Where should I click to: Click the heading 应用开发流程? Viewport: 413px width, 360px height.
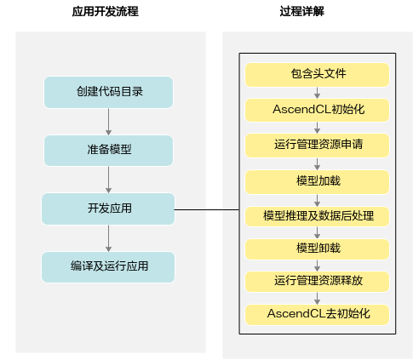point(106,12)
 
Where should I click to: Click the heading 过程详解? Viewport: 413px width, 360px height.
point(301,12)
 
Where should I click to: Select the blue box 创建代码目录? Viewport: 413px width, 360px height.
point(108,92)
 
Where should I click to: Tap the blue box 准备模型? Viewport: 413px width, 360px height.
point(108,151)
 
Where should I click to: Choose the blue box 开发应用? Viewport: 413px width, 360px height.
point(108,209)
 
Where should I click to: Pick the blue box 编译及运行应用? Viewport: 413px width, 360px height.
point(108,267)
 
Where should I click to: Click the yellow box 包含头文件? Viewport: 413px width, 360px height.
point(317,75)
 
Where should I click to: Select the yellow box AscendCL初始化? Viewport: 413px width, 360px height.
point(317,110)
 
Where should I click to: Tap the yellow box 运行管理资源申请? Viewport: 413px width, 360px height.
point(317,146)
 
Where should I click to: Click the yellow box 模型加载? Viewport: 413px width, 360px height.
point(317,182)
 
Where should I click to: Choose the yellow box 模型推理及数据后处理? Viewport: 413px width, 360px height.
point(317,216)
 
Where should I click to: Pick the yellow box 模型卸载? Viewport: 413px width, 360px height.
point(317,249)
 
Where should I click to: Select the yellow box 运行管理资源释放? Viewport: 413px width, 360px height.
point(317,282)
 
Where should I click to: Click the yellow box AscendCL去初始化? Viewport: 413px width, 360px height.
point(317,315)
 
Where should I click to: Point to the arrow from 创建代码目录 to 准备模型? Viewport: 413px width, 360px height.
point(108,122)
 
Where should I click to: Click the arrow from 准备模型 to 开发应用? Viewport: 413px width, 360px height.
point(108,180)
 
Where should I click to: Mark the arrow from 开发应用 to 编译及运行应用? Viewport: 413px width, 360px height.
point(108,238)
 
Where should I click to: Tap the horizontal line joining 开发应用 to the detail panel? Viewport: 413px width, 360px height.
point(207,210)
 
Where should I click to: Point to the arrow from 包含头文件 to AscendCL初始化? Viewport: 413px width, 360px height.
point(318,93)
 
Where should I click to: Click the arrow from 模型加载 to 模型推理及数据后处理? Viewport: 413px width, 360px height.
point(318,200)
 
